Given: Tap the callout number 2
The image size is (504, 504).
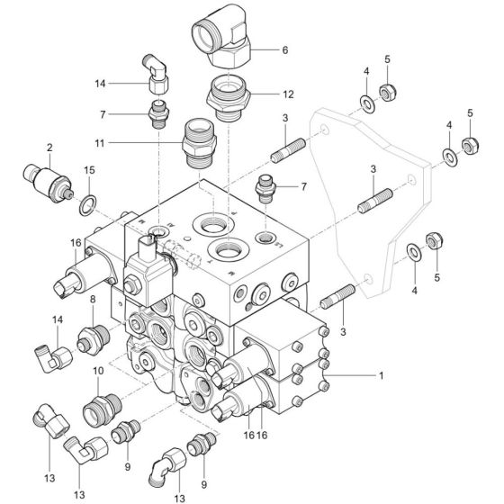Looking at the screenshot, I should pos(49,146).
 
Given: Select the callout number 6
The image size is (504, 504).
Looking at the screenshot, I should pos(284,50).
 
